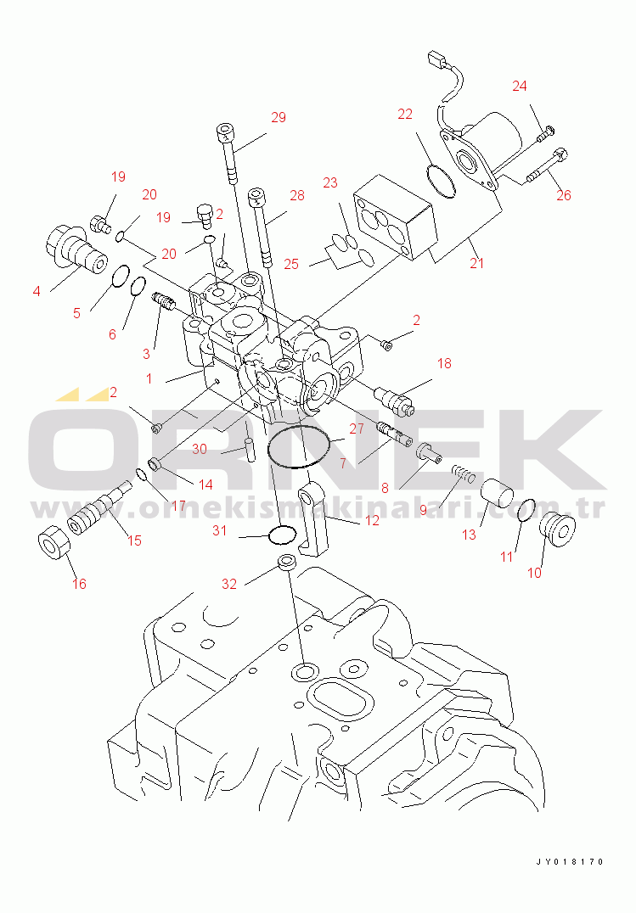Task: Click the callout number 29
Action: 279,118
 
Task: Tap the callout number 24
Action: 520,87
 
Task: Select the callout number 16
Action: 79,584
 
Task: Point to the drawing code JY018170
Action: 570,862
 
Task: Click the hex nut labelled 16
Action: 53,543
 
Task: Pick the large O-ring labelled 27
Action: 299,447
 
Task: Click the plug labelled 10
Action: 557,529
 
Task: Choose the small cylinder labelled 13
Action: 497,493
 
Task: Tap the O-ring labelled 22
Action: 440,181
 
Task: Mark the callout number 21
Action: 477,263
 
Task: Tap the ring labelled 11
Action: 526,512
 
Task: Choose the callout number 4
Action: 37,290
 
